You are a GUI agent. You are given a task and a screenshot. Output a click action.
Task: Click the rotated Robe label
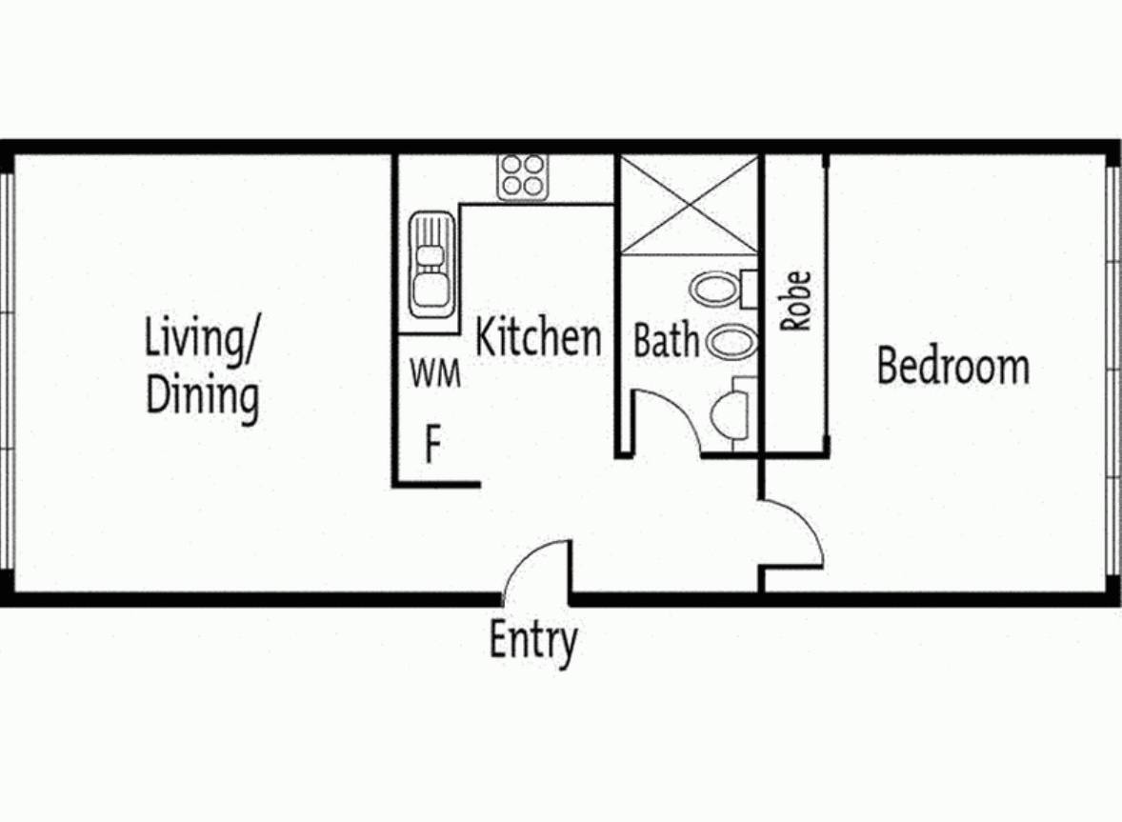pyautogui.click(x=795, y=300)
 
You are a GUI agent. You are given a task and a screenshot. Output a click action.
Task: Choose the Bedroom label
pyautogui.click(x=953, y=366)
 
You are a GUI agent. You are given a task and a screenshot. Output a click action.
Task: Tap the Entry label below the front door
pyautogui.click(x=533, y=640)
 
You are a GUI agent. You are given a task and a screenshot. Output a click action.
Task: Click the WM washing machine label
pyautogui.click(x=435, y=373)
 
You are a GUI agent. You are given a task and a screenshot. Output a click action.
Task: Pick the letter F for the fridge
pyautogui.click(x=433, y=444)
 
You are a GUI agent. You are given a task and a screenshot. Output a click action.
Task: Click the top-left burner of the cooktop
pyautogui.click(x=511, y=166)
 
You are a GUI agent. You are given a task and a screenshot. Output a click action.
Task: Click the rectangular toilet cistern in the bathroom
pyautogui.click(x=750, y=289)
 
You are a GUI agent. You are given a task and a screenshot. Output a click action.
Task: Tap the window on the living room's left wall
pyautogui.click(x=8, y=372)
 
